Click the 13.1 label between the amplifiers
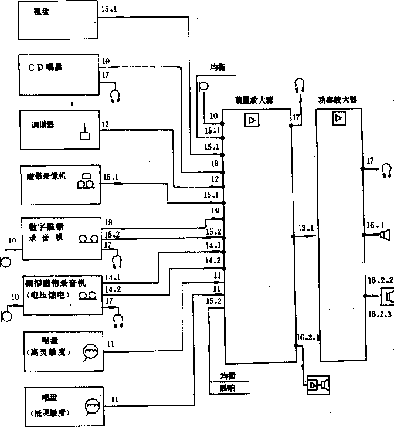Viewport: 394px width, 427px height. pyautogui.click(x=305, y=228)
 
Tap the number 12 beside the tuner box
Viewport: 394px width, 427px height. pyautogui.click(x=105, y=124)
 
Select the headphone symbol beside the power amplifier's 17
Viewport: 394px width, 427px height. pyautogui.click(x=385, y=170)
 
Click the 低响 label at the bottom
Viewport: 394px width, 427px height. pyautogui.click(x=227, y=387)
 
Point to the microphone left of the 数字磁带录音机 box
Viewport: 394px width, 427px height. pyautogui.click(x=6, y=257)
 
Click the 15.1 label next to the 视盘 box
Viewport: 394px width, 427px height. pyautogui.click(x=109, y=9)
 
